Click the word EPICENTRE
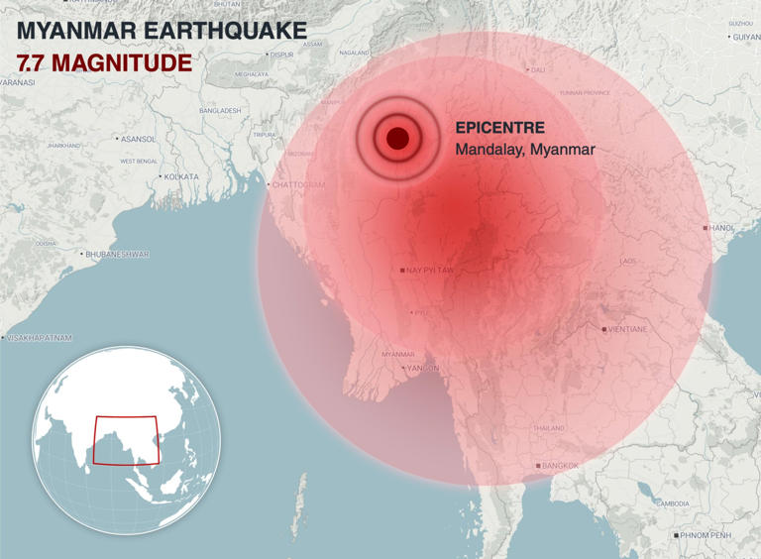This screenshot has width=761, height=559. coord(500,128)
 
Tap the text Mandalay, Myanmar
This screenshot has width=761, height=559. coord(525,150)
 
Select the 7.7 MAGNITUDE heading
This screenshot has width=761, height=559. coord(104,62)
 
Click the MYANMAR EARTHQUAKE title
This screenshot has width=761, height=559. coord(162,31)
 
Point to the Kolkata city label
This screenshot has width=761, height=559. coord(180,176)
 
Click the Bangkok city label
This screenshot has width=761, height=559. coord(560,466)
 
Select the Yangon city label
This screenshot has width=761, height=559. coord(422,369)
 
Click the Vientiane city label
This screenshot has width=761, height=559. coord(628,329)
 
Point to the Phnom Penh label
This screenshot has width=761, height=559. coord(707,535)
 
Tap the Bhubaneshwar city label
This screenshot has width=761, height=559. coord(117,255)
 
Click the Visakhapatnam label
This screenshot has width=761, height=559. coord(40,338)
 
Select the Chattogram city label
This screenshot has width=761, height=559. coord(298,184)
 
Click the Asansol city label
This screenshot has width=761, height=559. coord(138,139)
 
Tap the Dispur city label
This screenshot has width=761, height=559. coord(281,56)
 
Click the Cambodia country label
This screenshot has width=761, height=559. coord(672,503)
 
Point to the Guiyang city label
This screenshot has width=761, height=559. coord(747,37)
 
